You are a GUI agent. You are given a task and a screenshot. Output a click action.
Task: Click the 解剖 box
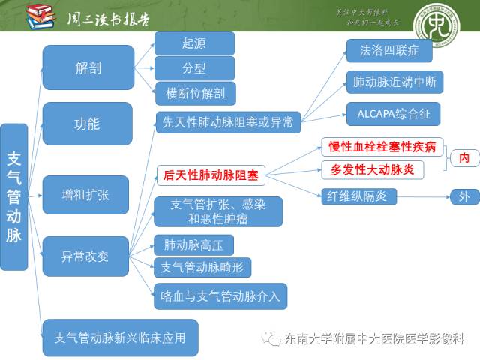pyautogui.click(x=88, y=67)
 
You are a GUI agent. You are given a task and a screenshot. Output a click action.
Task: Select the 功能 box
pyautogui.click(x=88, y=124)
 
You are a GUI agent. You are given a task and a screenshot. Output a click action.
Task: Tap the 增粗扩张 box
pyautogui.click(x=85, y=194)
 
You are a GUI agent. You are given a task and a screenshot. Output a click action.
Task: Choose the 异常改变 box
pyautogui.click(x=85, y=256)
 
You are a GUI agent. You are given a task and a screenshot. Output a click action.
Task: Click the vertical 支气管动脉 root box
pyautogui.click(x=14, y=197)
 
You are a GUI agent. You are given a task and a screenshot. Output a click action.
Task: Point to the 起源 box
pyautogui.click(x=194, y=43)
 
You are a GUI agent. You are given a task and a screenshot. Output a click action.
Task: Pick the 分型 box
pyautogui.click(x=194, y=68)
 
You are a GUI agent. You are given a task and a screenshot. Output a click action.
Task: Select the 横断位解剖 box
pyautogui.click(x=194, y=93)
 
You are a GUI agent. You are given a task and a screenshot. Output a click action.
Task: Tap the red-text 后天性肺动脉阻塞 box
pyautogui.click(x=211, y=176)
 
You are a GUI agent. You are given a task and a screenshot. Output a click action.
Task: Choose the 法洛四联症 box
pyautogui.click(x=388, y=51)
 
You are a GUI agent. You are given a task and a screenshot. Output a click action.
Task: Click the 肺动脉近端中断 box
pyautogui.click(x=394, y=82)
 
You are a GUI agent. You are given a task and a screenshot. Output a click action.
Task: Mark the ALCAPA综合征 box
pyautogui.click(x=392, y=114)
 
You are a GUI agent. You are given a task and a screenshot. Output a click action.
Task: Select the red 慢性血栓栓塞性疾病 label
pyautogui.click(x=382, y=146)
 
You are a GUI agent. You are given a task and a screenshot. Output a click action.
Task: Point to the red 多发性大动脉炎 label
pyautogui.click(x=372, y=169)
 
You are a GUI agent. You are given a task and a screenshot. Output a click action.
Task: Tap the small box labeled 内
pyautogui.click(x=464, y=157)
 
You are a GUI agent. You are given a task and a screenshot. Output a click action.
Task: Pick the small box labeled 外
pyautogui.click(x=464, y=196)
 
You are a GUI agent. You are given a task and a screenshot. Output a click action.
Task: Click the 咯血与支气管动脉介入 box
pyautogui.click(x=220, y=295)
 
